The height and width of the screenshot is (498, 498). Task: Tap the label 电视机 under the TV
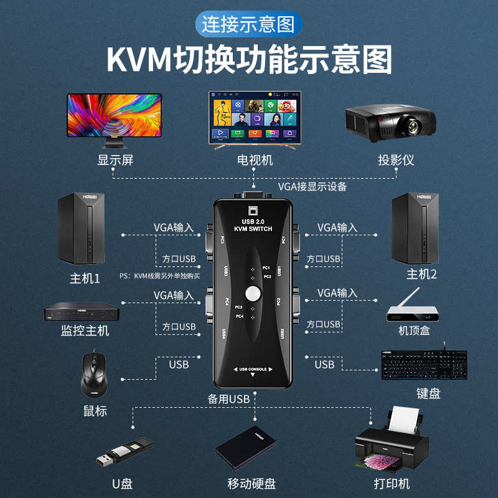point(255,160)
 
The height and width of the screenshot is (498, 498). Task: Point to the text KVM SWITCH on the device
point(253,229)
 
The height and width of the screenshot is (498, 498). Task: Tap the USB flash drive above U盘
point(125,451)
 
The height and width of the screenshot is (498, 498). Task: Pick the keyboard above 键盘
point(424,367)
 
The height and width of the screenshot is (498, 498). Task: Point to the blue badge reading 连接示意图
point(249,24)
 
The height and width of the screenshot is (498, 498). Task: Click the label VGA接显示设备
point(312,186)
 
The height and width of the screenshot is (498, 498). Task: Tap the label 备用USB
point(229,398)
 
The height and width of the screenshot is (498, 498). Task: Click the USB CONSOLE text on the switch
point(253,369)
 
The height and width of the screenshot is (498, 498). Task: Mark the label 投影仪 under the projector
point(396,160)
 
